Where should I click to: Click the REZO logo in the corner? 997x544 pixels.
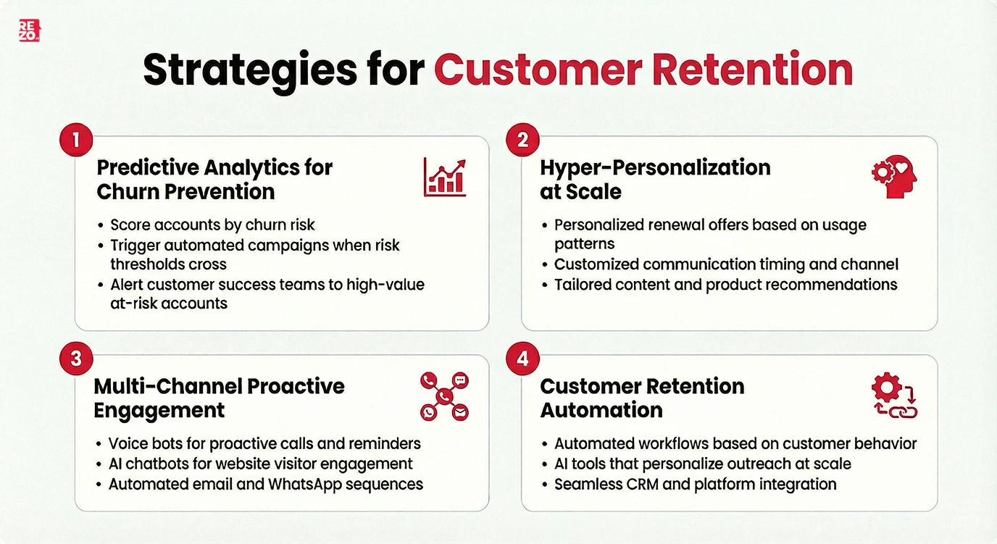pyautogui.click(x=29, y=30)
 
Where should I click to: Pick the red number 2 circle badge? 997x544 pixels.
pyautogui.click(x=522, y=139)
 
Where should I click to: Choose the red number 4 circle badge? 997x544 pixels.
pyautogui.click(x=522, y=358)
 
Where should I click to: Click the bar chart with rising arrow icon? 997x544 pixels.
pyautogui.click(x=445, y=178)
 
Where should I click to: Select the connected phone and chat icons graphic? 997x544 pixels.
pyautogui.click(x=444, y=396)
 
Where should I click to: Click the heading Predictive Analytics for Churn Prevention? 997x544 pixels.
pyautogui.click(x=214, y=179)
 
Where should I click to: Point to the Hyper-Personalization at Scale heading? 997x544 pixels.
pyautogui.click(x=655, y=179)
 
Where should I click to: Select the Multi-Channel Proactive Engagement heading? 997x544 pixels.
pyautogui.click(x=219, y=398)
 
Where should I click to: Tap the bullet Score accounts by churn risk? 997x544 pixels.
pyautogui.click(x=212, y=225)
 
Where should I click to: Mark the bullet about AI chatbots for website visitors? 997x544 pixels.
pyautogui.click(x=260, y=464)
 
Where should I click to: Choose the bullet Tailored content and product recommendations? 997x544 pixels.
pyautogui.click(x=725, y=285)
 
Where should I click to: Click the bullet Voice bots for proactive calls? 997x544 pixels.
pyautogui.click(x=264, y=443)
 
